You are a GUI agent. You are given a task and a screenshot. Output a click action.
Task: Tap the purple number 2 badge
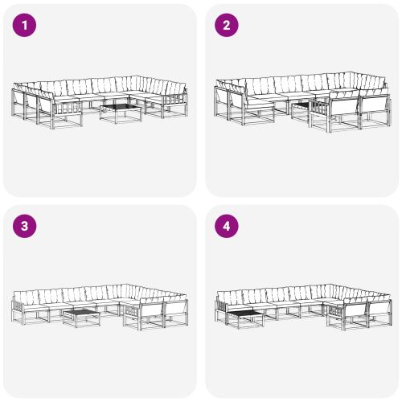(226, 26)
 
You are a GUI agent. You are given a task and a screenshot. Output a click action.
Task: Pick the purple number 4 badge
(226, 227)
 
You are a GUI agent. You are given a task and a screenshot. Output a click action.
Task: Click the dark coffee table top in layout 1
(119, 105)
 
